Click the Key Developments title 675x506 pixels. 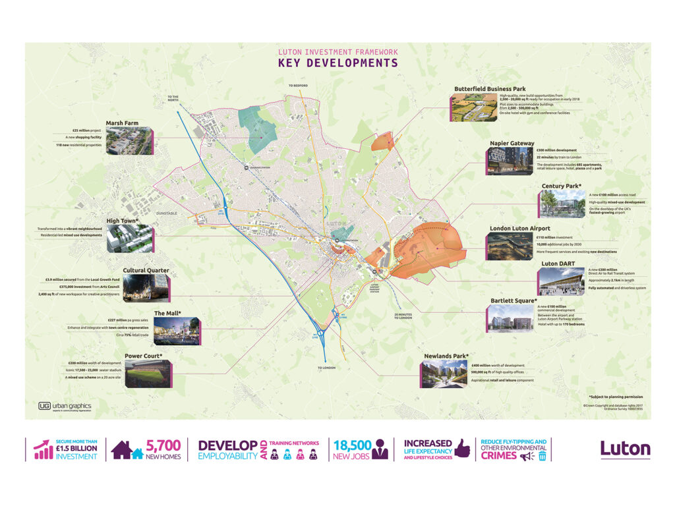click(337, 63)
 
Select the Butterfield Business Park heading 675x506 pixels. click(490, 88)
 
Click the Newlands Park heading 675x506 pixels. click(446, 356)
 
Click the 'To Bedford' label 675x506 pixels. click(298, 86)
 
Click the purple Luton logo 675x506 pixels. click(625, 449)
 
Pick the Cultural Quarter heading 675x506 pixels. click(146, 270)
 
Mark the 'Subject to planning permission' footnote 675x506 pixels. click(616, 397)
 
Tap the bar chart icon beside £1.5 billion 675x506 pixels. click(44, 450)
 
